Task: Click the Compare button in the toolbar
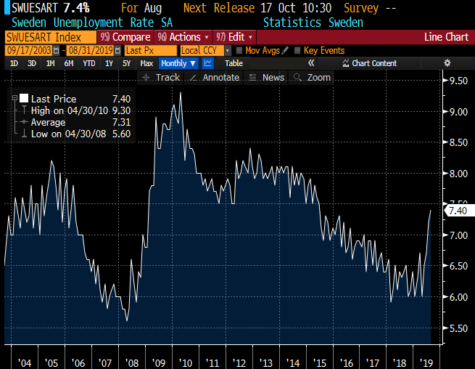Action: [125, 36]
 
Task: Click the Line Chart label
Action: [446, 36]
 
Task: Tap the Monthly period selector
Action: [178, 63]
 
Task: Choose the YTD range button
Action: [89, 63]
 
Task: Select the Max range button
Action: [146, 63]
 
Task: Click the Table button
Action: [234, 63]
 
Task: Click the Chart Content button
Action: [371, 63]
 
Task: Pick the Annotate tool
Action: [215, 77]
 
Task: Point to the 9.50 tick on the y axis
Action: [458, 81]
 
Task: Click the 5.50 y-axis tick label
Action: [458, 328]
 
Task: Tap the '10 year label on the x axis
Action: [186, 361]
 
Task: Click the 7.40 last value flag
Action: [458, 211]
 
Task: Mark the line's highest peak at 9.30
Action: [180, 92]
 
